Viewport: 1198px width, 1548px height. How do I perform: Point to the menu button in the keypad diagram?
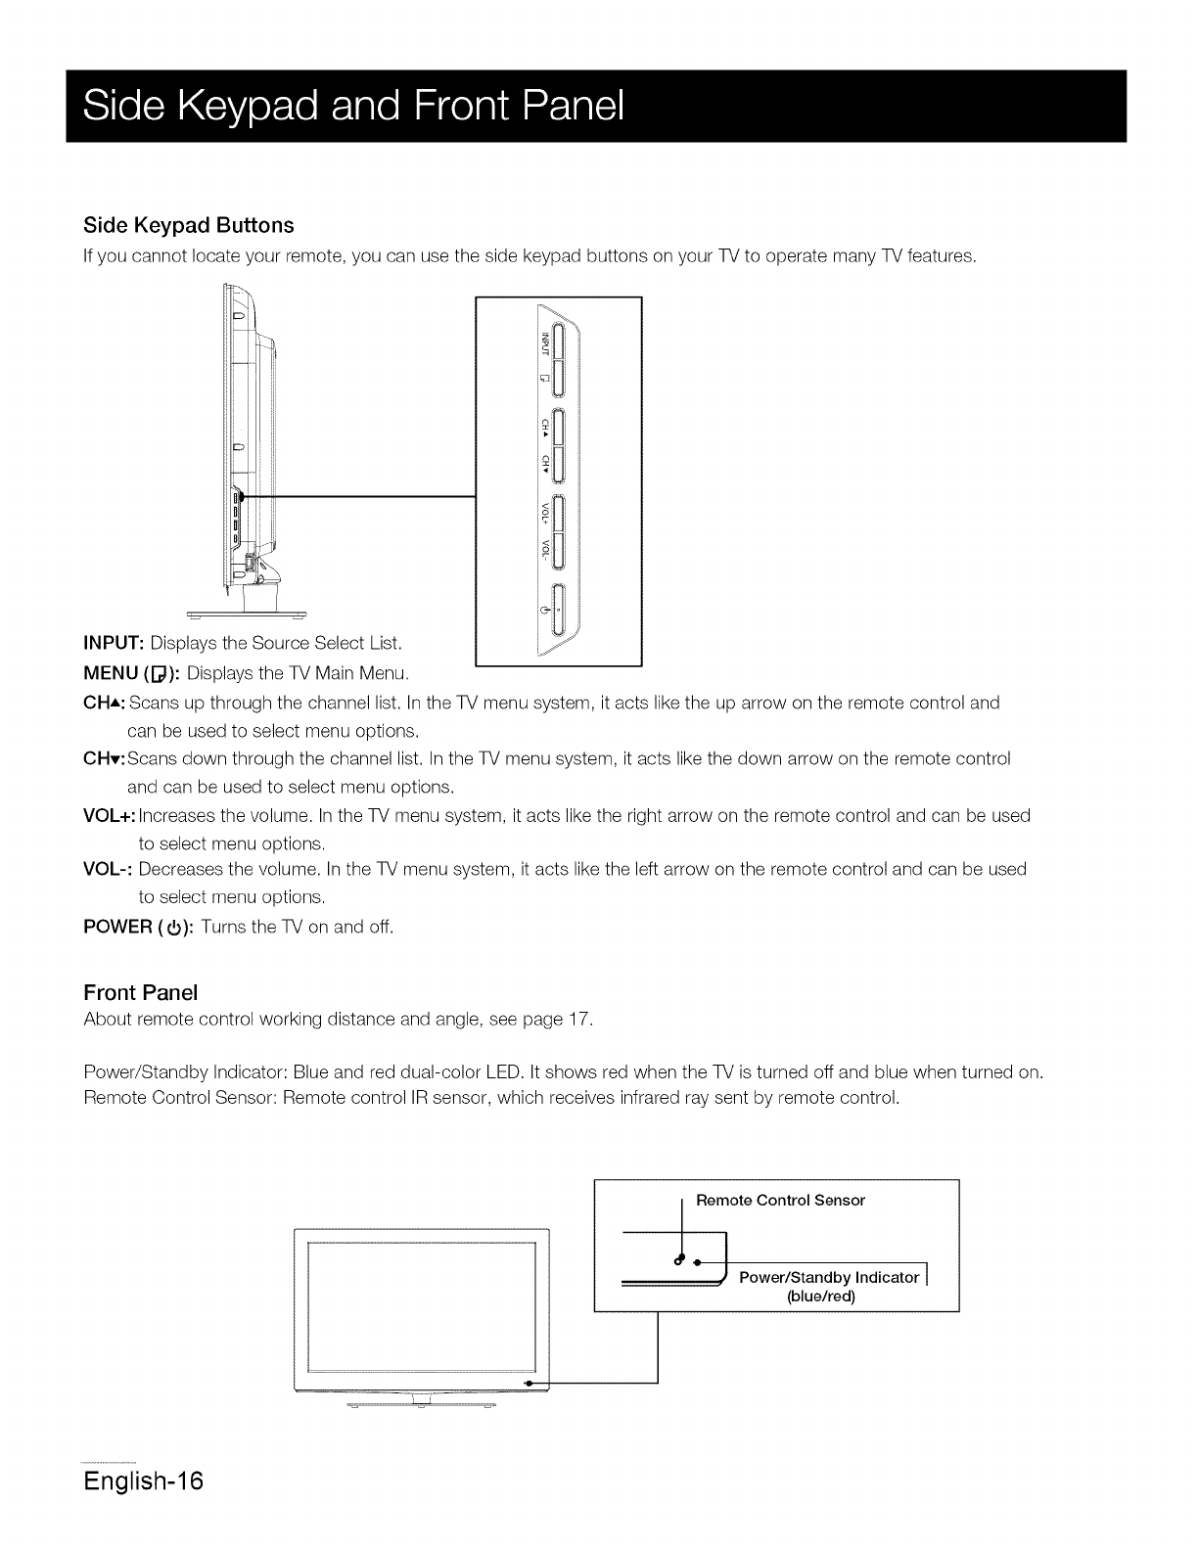pyautogui.click(x=556, y=378)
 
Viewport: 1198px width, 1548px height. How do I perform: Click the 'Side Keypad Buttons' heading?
pyautogui.click(x=189, y=225)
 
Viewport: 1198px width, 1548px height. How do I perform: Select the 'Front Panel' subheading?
pyautogui.click(x=141, y=992)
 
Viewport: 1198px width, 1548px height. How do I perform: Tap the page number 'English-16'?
pyautogui.click(x=143, y=1480)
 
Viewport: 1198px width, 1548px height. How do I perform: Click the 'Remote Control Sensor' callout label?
pyautogui.click(x=780, y=1200)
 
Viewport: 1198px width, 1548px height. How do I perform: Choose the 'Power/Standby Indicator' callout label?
pyautogui.click(x=829, y=1277)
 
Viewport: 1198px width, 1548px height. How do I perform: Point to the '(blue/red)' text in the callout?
pyautogui.click(x=821, y=1297)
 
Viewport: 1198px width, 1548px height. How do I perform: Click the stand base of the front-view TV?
pyautogui.click(x=422, y=1404)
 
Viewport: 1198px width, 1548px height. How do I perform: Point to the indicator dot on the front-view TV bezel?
pyautogui.click(x=528, y=1383)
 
